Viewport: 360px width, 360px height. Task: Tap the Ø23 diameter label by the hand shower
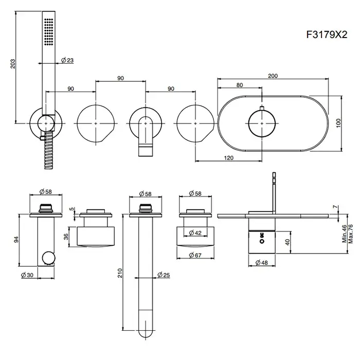tap(67, 61)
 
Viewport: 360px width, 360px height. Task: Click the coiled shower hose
tap(48, 149)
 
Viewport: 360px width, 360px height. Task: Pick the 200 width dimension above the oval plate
tap(273, 76)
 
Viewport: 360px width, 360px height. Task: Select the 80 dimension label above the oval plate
tap(240, 86)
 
